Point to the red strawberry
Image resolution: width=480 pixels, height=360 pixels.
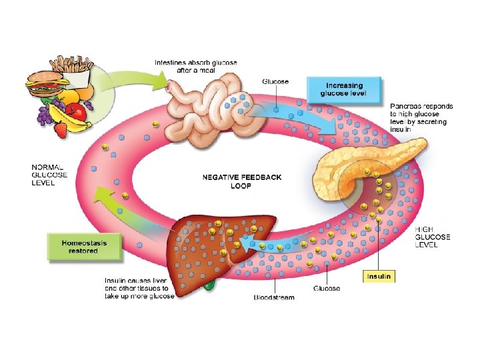(x=61, y=129)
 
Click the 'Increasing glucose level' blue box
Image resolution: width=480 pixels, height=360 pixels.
(x=345, y=89)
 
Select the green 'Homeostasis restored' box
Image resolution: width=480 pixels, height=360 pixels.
(x=79, y=247)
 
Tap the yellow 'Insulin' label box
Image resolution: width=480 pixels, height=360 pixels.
(x=378, y=276)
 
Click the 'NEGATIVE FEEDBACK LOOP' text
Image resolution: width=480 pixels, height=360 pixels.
(x=241, y=181)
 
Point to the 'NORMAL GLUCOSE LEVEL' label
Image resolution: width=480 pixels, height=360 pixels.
(x=50, y=175)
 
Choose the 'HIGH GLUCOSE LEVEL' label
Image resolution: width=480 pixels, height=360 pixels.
(x=433, y=237)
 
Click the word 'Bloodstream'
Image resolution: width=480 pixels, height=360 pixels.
(x=273, y=297)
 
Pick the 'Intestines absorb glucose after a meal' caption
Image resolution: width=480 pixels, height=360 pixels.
(x=195, y=67)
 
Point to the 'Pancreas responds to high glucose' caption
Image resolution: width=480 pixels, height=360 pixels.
(x=421, y=114)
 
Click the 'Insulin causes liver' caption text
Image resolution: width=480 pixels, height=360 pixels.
(x=139, y=288)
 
